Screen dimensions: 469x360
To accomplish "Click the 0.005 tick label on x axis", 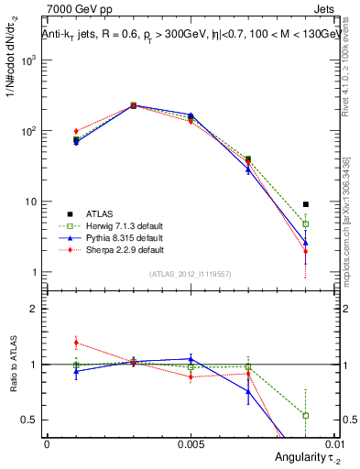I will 191,442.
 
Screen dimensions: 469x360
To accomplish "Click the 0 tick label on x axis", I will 47,442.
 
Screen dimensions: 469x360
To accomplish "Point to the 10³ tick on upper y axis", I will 31,60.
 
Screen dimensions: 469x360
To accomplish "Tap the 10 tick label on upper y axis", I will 31,202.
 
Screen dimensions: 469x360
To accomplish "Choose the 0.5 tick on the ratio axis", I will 31,420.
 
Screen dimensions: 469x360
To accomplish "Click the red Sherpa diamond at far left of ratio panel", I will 76,343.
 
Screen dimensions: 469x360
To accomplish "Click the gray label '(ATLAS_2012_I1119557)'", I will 189,274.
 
